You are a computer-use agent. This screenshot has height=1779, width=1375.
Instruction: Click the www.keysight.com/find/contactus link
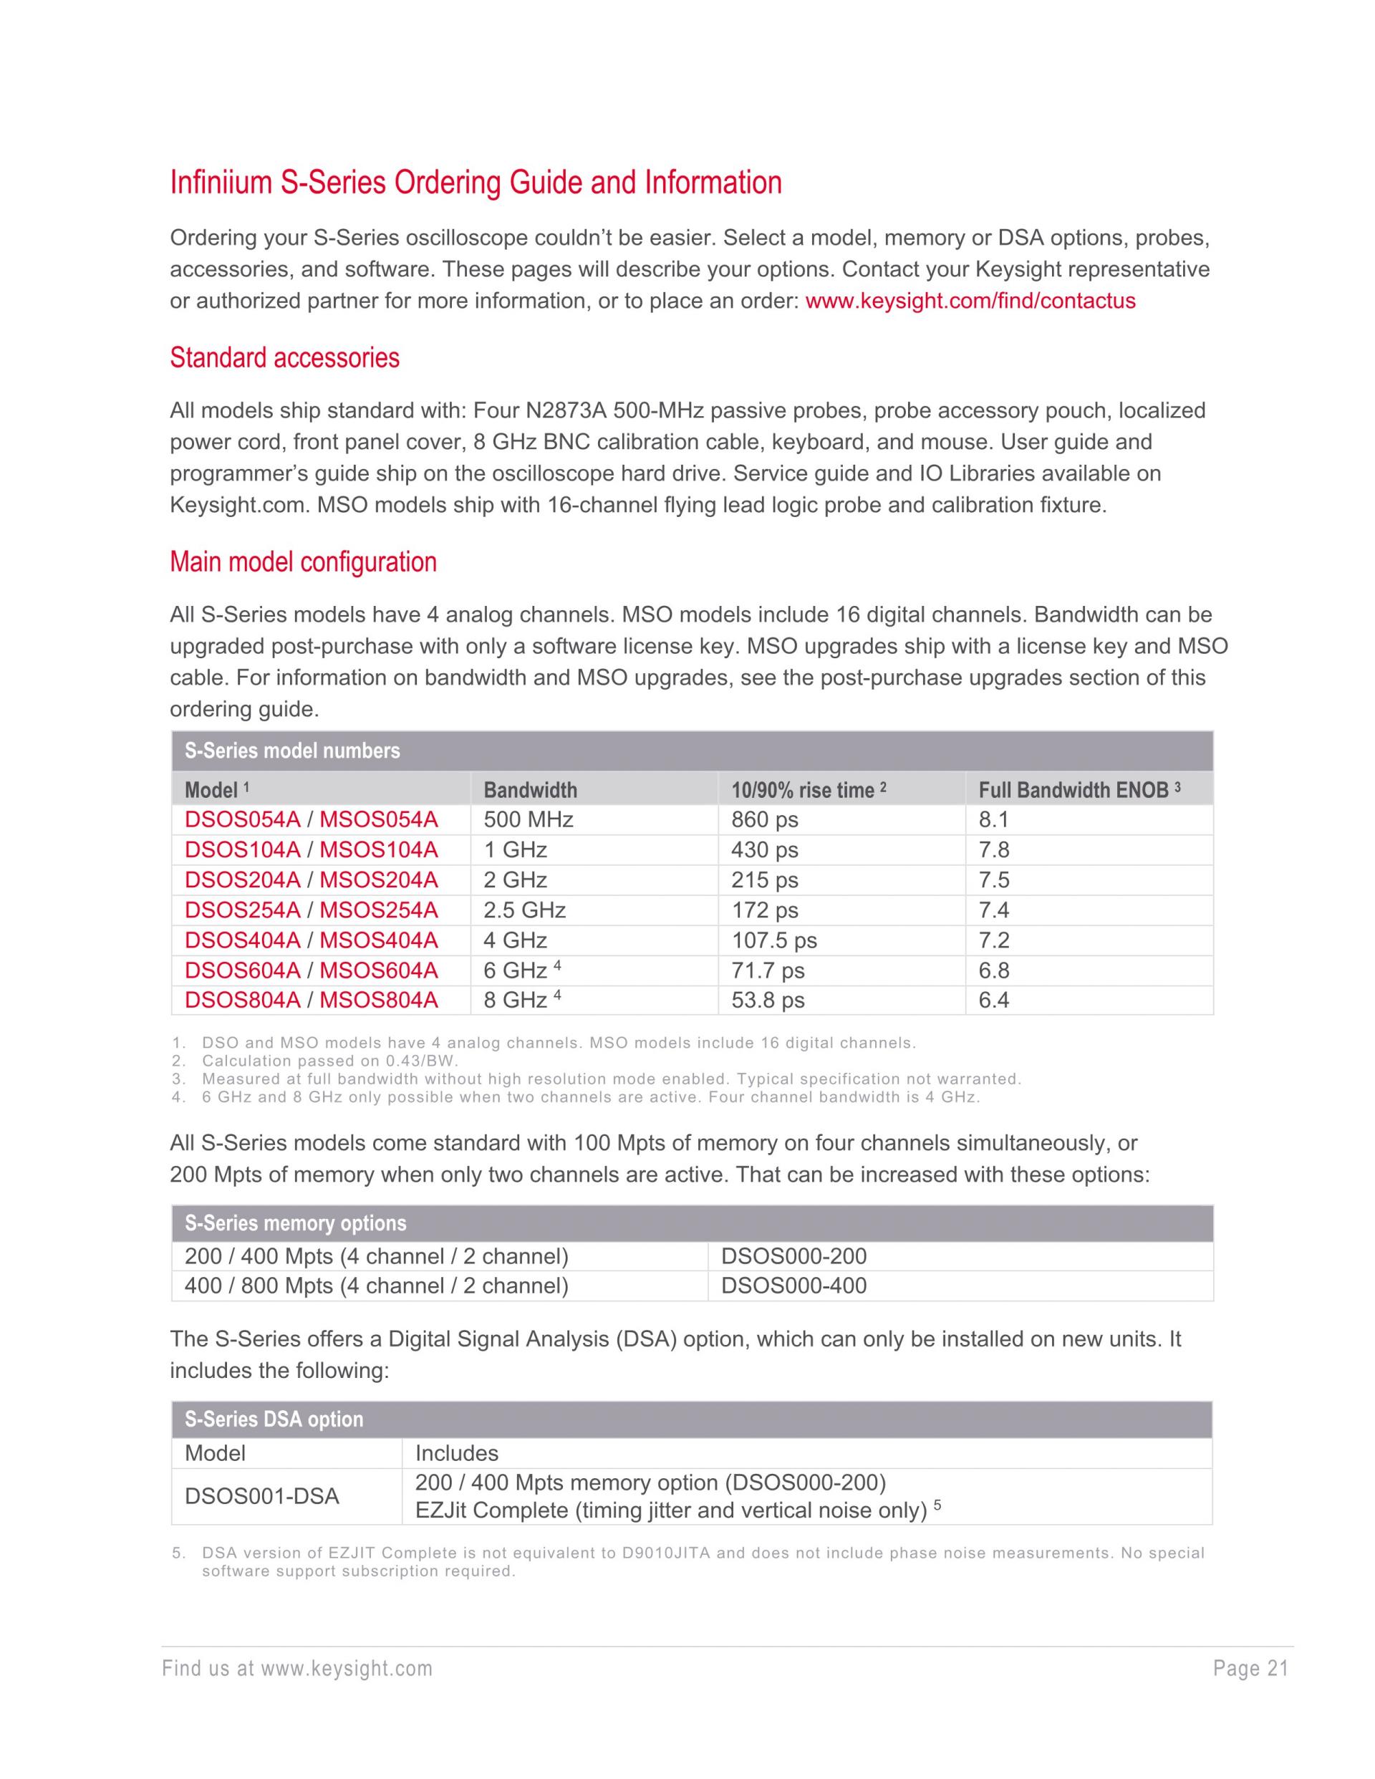[x=970, y=302]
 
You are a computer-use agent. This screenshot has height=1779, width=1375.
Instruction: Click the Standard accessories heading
[x=284, y=357]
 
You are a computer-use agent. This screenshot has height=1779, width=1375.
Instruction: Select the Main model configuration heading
[x=303, y=562]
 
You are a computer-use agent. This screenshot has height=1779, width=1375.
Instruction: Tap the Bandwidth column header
[x=530, y=790]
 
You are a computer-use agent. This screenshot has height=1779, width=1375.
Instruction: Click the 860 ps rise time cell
[x=764, y=819]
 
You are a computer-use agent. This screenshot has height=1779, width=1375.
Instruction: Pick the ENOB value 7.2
[x=994, y=940]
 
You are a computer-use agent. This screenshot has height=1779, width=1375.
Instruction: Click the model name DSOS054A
[x=243, y=819]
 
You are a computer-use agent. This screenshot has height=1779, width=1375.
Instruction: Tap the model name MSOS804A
[x=379, y=1000]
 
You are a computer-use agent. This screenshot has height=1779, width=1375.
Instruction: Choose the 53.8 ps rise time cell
[x=767, y=1000]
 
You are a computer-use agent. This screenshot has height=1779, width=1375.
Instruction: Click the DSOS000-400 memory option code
[x=793, y=1286]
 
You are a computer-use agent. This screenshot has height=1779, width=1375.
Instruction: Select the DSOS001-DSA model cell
[x=261, y=1496]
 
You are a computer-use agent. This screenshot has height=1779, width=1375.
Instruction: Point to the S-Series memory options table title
[x=295, y=1223]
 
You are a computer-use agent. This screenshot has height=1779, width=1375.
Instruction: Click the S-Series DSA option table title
[x=274, y=1419]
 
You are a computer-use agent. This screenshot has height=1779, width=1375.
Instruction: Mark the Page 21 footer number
[x=1250, y=1669]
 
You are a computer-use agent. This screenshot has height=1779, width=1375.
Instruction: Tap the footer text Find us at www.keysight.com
[x=297, y=1669]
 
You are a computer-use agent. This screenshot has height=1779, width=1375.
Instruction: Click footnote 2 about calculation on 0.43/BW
[x=330, y=1061]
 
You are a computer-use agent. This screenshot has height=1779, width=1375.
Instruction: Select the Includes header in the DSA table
[x=456, y=1453]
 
